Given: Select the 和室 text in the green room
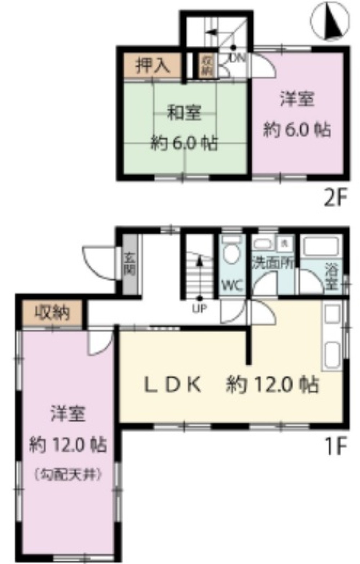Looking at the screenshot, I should click(184, 113).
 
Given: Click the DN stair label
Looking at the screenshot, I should click(238, 57).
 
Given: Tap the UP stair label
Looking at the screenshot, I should click(199, 309).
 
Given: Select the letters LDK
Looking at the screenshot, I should click(172, 385).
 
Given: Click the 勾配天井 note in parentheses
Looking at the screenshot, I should click(68, 474).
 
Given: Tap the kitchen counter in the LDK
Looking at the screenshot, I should click(332, 337).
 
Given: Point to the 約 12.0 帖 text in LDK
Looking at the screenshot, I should click(273, 385).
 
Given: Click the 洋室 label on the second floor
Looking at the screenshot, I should click(297, 99).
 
